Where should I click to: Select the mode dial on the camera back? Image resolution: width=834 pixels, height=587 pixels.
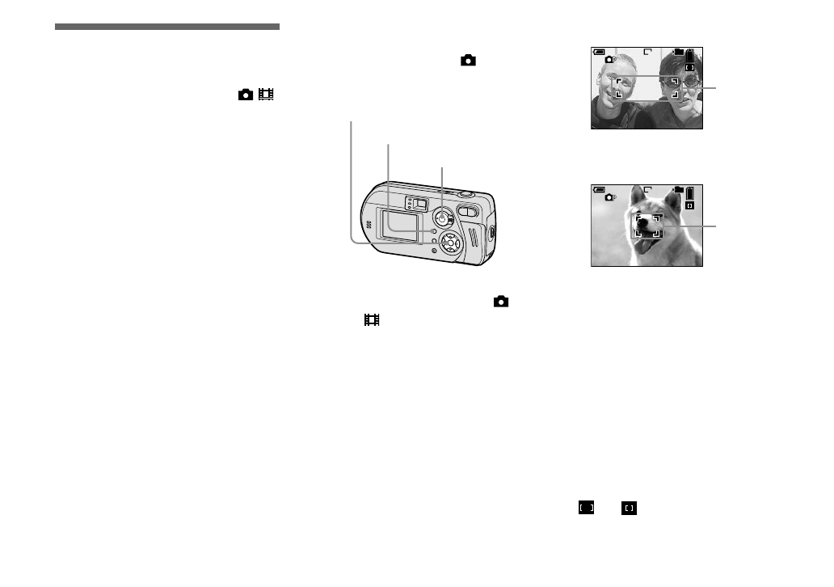[x=442, y=218]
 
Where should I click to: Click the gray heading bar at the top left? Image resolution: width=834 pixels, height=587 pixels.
[x=167, y=27]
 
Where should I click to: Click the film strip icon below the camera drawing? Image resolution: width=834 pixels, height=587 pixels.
[x=372, y=320]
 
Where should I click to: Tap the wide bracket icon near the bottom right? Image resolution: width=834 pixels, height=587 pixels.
[x=587, y=508]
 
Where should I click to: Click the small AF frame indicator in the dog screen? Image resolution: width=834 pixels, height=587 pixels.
[x=689, y=205]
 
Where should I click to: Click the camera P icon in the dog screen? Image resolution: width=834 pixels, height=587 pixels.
[x=610, y=197]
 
